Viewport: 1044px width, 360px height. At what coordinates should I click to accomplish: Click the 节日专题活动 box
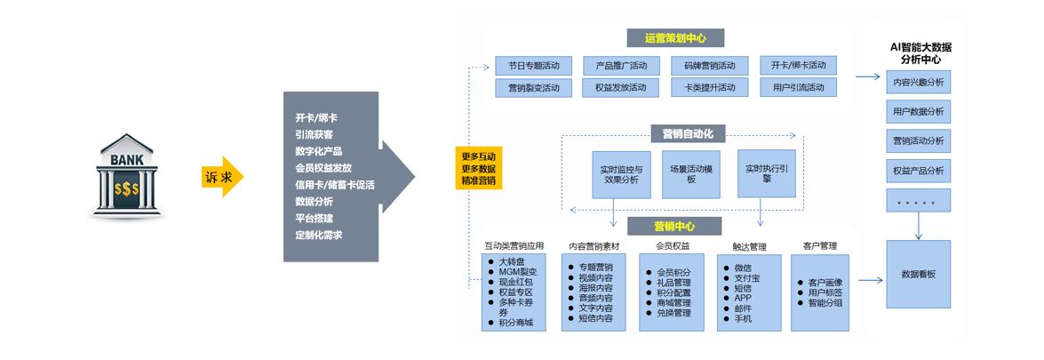click(533, 66)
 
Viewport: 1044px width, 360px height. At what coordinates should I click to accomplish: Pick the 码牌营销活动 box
click(709, 66)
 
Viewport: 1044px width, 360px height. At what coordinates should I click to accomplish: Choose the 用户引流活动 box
click(798, 88)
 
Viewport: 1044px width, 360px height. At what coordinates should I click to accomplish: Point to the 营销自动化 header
click(688, 134)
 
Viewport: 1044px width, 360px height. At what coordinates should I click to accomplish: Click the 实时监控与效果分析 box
click(620, 174)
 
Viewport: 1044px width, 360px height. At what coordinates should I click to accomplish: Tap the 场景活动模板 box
click(691, 174)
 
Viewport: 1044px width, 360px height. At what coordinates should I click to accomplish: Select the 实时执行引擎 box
click(766, 173)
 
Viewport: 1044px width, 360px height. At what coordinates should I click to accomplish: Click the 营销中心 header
click(674, 226)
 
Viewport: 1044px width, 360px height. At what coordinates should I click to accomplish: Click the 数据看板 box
click(918, 275)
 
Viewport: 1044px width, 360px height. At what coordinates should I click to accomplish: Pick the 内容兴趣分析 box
click(918, 83)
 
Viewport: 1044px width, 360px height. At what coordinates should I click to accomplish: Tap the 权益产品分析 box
click(918, 171)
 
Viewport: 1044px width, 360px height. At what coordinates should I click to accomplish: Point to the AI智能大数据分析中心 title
click(920, 53)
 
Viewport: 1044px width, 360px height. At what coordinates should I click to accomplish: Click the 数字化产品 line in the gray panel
click(319, 151)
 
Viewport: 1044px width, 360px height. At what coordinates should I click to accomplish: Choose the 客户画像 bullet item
click(825, 283)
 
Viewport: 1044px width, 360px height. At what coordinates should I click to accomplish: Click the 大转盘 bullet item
click(513, 262)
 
